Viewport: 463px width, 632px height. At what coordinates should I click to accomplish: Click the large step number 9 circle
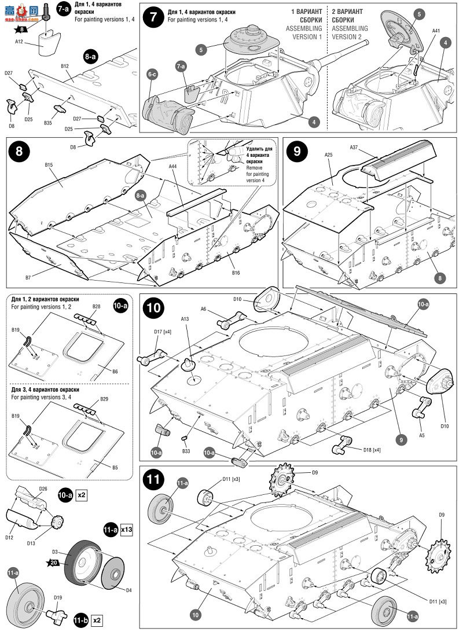pos(297,152)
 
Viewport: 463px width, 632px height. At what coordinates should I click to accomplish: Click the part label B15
pos(49,166)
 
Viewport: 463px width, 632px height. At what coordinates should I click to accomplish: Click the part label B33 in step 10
pos(186,451)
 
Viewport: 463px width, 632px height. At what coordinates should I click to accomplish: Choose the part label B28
pos(96,306)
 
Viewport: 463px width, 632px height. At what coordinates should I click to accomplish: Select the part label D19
pos(57,597)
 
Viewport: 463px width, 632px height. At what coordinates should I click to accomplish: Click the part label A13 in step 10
pos(185,319)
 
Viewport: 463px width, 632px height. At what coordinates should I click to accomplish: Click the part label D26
pos(43,489)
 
